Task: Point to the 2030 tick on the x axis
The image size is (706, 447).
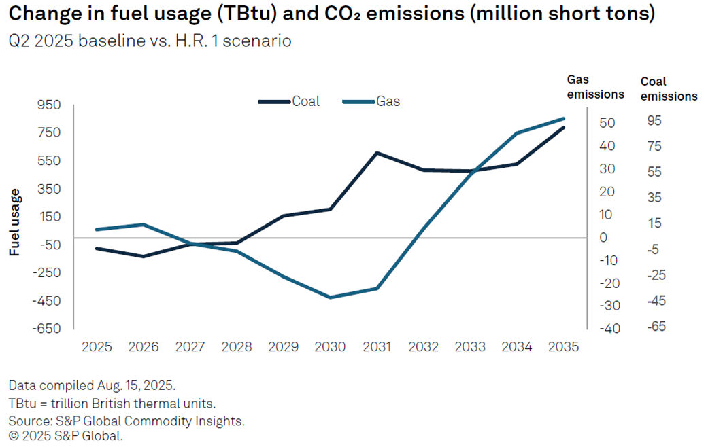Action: click(330, 346)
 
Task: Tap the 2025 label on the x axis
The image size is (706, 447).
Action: click(97, 346)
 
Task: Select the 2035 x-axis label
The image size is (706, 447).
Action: click(562, 346)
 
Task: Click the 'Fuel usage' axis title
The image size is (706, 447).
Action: click(14, 222)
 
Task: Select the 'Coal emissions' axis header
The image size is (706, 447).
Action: click(669, 89)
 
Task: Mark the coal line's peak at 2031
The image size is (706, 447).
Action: click(377, 153)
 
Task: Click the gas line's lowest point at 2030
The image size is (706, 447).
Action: click(330, 298)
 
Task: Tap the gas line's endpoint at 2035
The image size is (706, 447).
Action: click(564, 119)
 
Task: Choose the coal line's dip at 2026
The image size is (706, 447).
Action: click(143, 256)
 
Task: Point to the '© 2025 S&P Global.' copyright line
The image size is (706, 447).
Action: click(65, 435)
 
